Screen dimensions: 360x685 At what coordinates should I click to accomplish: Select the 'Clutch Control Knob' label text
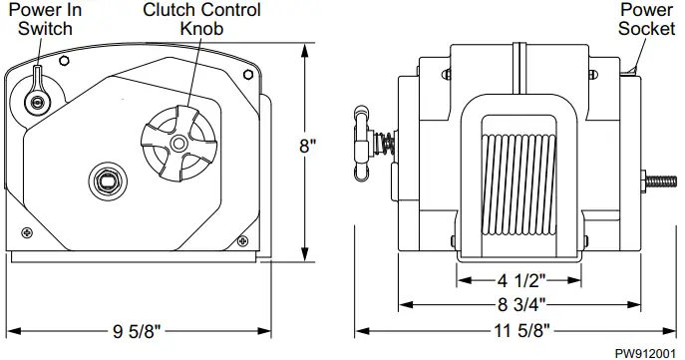pyautogui.click(x=201, y=19)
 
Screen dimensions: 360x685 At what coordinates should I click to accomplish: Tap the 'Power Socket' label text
pyautogui.click(x=645, y=19)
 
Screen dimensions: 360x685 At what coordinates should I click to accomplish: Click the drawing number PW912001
pyautogui.click(x=645, y=352)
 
